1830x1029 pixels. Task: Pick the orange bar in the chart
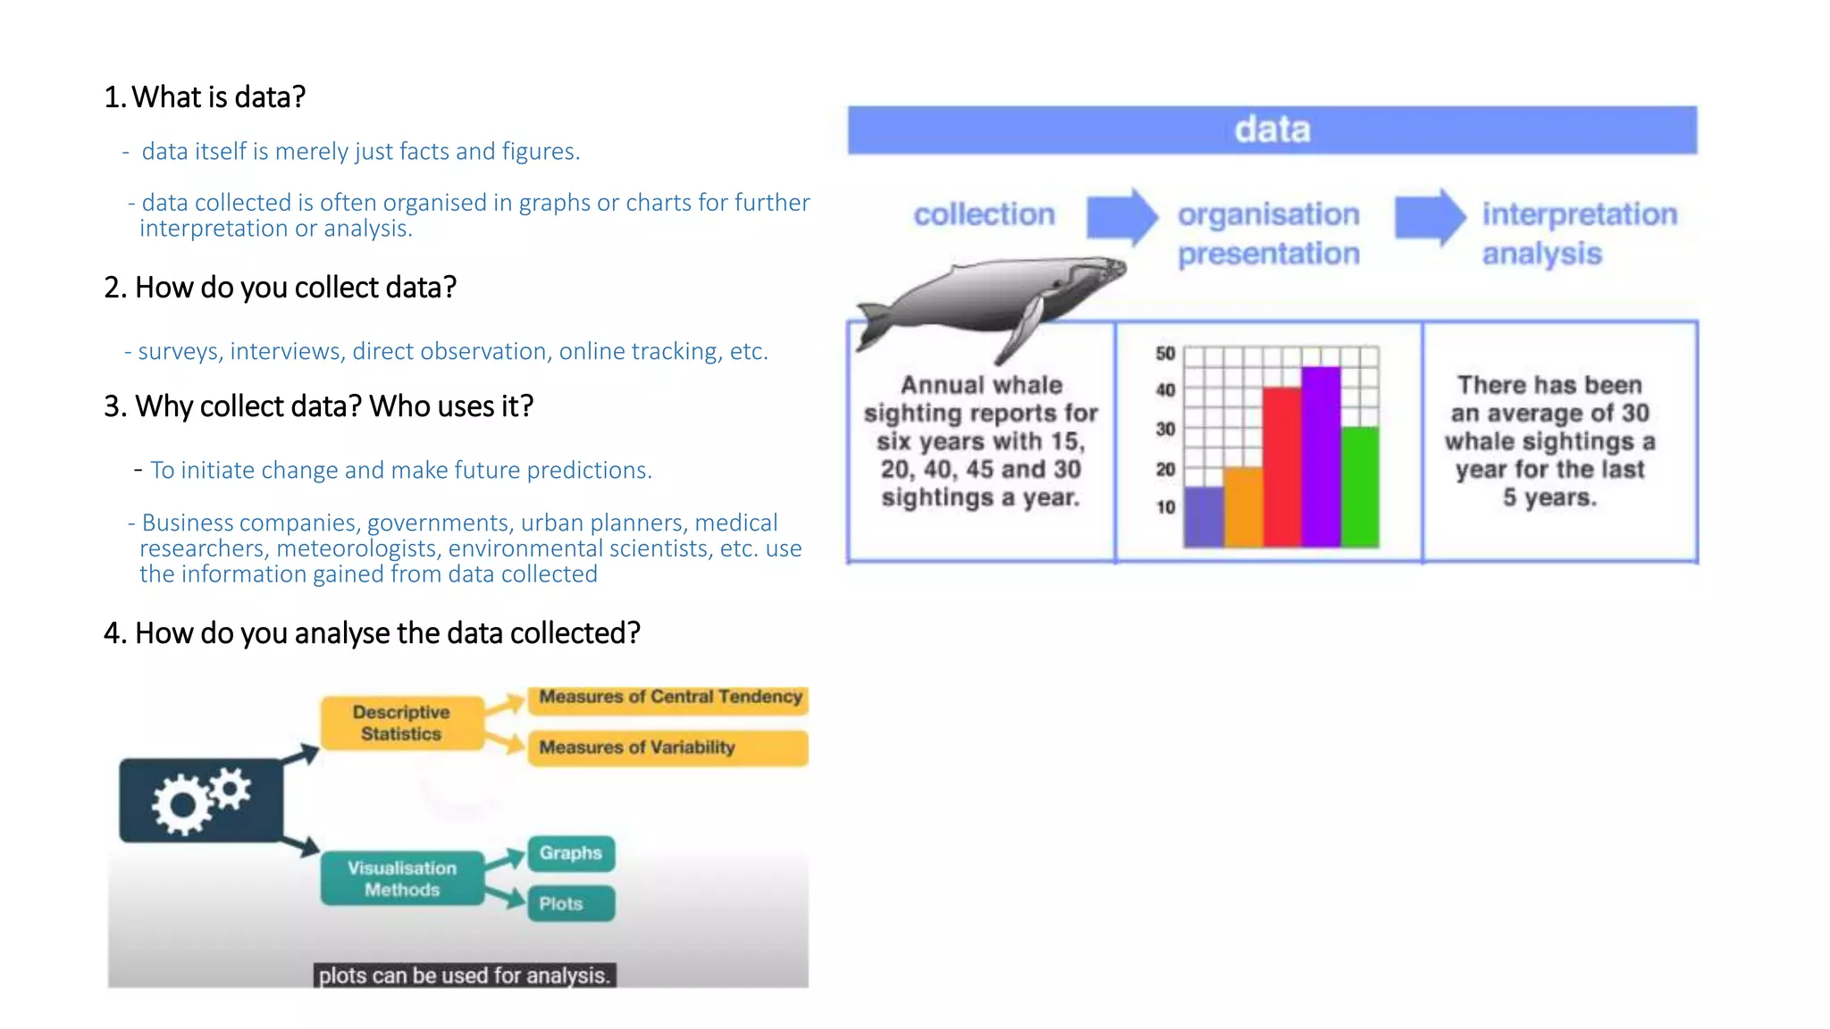tap(1243, 506)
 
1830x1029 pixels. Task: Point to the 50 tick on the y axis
tap(1165, 354)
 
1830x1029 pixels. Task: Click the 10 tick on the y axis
tap(1165, 507)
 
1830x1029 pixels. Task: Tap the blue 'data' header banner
tap(1272, 130)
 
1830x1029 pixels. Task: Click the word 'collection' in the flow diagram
tap(984, 214)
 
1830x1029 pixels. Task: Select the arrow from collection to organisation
tap(1121, 217)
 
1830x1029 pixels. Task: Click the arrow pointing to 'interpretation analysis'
tap(1430, 217)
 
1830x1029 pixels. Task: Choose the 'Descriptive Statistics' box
tap(402, 723)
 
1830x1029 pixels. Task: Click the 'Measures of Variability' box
tap(667, 748)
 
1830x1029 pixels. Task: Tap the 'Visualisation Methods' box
tap(402, 879)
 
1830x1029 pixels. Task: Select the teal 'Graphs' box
tap(570, 853)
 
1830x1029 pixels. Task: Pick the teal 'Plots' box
tap(570, 904)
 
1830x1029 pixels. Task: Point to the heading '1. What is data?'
tap(205, 96)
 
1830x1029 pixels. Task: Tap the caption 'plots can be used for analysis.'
tap(465, 975)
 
